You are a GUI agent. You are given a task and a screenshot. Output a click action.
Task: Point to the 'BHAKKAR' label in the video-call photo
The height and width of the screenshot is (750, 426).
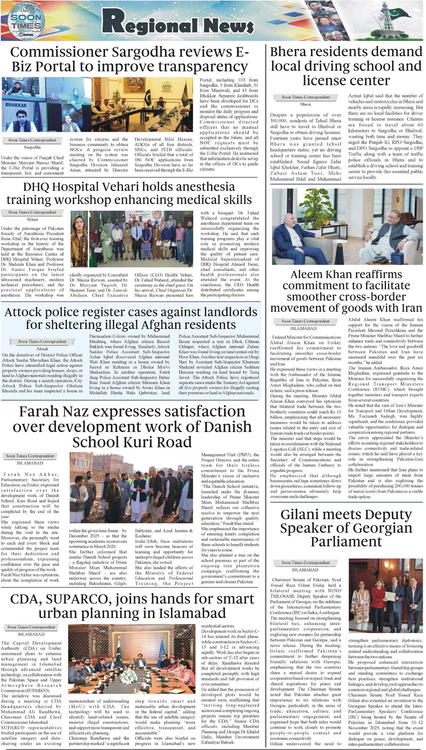(16, 105)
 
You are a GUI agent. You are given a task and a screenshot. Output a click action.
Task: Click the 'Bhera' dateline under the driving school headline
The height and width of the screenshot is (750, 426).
(305, 104)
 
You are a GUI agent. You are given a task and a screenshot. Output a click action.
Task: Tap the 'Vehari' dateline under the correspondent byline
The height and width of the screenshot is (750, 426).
(32, 219)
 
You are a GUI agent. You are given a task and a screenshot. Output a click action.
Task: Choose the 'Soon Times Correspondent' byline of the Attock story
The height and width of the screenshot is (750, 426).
(42, 342)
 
